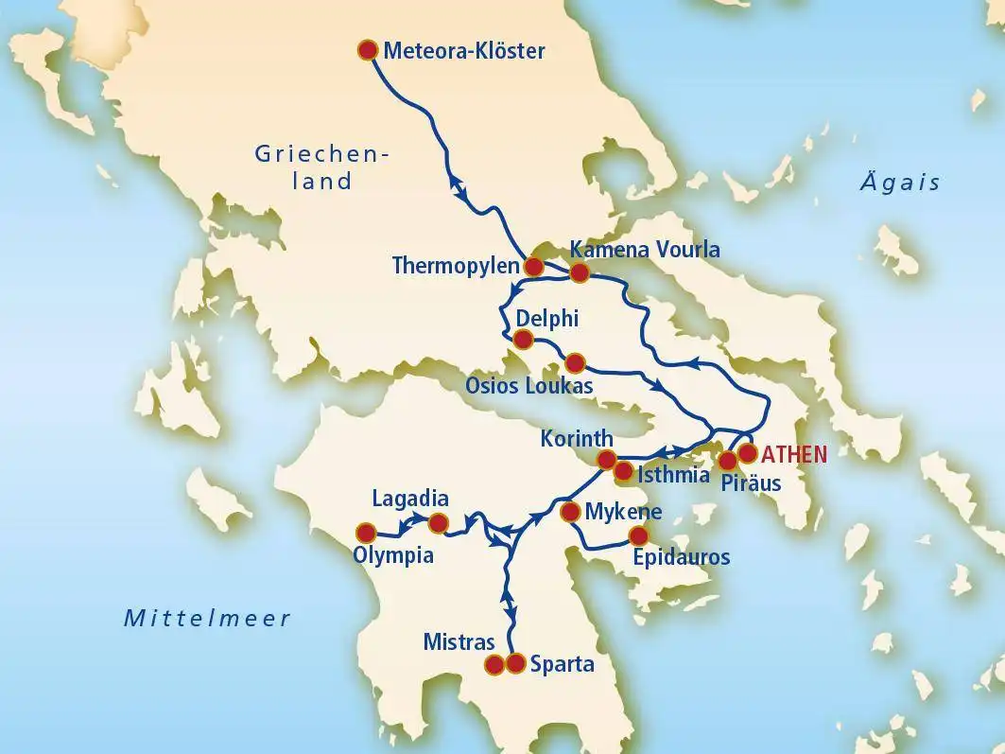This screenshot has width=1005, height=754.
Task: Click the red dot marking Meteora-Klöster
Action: tap(368, 50)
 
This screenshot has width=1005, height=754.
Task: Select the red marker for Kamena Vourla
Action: tap(580, 273)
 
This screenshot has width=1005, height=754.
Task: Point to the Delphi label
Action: tap(547, 317)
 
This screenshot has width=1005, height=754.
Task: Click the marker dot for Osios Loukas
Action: tap(575, 362)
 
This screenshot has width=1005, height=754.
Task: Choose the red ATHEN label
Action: tap(794, 454)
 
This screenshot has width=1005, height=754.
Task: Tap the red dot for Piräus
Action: tap(727, 462)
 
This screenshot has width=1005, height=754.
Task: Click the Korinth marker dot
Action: tap(608, 460)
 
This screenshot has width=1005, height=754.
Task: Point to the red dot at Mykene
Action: tap(570, 512)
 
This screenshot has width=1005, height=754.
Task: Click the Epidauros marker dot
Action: tap(638, 535)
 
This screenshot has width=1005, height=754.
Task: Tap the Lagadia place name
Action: tap(409, 499)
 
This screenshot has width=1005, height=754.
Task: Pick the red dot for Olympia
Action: tap(363, 533)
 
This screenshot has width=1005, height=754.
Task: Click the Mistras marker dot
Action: tap(494, 665)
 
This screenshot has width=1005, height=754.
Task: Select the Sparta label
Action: tap(562, 664)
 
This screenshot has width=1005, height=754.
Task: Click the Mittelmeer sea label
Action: tap(207, 619)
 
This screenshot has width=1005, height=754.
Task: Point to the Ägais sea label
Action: tap(899, 183)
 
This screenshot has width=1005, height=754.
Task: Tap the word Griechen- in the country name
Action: tap(323, 153)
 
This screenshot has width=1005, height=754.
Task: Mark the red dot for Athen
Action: tap(747, 453)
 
